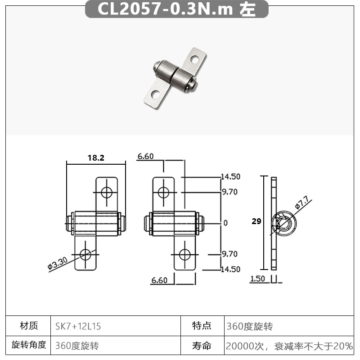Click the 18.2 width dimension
tap(96, 158)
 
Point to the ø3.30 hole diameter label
tap(58, 263)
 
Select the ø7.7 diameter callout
tap(302, 202)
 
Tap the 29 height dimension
tap(256, 221)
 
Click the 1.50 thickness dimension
tap(257, 279)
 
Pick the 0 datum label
tap(225, 223)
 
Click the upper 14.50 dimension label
tap(230, 176)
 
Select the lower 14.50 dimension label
tap(230, 269)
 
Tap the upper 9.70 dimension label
tap(229, 192)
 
